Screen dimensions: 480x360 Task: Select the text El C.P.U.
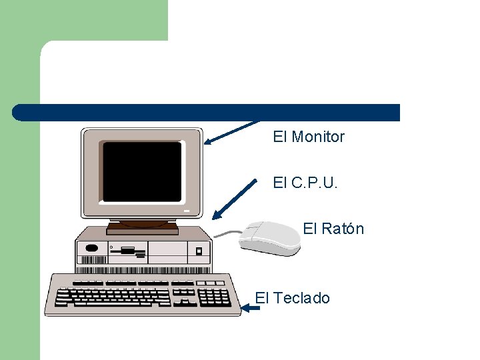(x=305, y=183)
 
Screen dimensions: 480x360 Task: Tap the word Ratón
(x=343, y=229)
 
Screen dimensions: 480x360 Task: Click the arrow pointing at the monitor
(x=230, y=132)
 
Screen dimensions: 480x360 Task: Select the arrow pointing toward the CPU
(x=234, y=199)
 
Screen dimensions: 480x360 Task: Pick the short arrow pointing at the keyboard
(x=251, y=308)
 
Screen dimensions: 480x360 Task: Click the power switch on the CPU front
(x=198, y=251)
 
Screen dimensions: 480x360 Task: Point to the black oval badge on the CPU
(x=92, y=248)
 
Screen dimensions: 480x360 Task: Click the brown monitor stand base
(x=142, y=228)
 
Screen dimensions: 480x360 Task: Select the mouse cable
(x=227, y=234)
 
